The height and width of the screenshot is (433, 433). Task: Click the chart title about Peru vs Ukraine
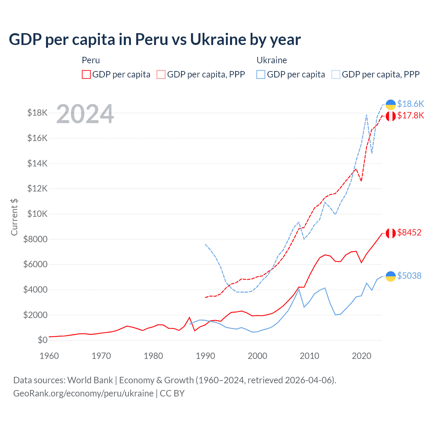[155, 40]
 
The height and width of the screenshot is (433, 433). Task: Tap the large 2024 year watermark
[85, 114]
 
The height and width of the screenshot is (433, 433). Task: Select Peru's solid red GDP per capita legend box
[86, 74]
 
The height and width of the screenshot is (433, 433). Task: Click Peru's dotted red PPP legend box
[161, 74]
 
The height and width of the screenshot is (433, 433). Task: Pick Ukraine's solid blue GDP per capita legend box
[261, 74]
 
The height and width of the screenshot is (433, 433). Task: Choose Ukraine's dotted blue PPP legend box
[336, 74]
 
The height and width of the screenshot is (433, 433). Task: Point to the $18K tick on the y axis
[38, 113]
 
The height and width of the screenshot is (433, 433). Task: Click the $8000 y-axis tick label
[36, 239]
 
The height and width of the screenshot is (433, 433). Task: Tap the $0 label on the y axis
[43, 340]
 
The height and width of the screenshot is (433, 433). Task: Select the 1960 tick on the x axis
[49, 356]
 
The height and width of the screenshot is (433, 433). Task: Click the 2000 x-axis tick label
[257, 356]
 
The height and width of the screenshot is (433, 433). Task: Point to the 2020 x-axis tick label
[362, 356]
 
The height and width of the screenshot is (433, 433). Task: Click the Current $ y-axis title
[14, 217]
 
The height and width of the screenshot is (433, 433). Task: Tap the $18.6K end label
[410, 104]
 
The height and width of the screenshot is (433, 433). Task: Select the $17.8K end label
[410, 116]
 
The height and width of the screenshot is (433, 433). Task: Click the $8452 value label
[409, 232]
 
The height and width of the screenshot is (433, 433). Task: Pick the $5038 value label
[409, 276]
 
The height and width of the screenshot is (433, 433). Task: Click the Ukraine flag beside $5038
[391, 276]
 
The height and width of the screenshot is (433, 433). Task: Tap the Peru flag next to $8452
[391, 233]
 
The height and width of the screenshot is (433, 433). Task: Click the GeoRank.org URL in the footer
[83, 393]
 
